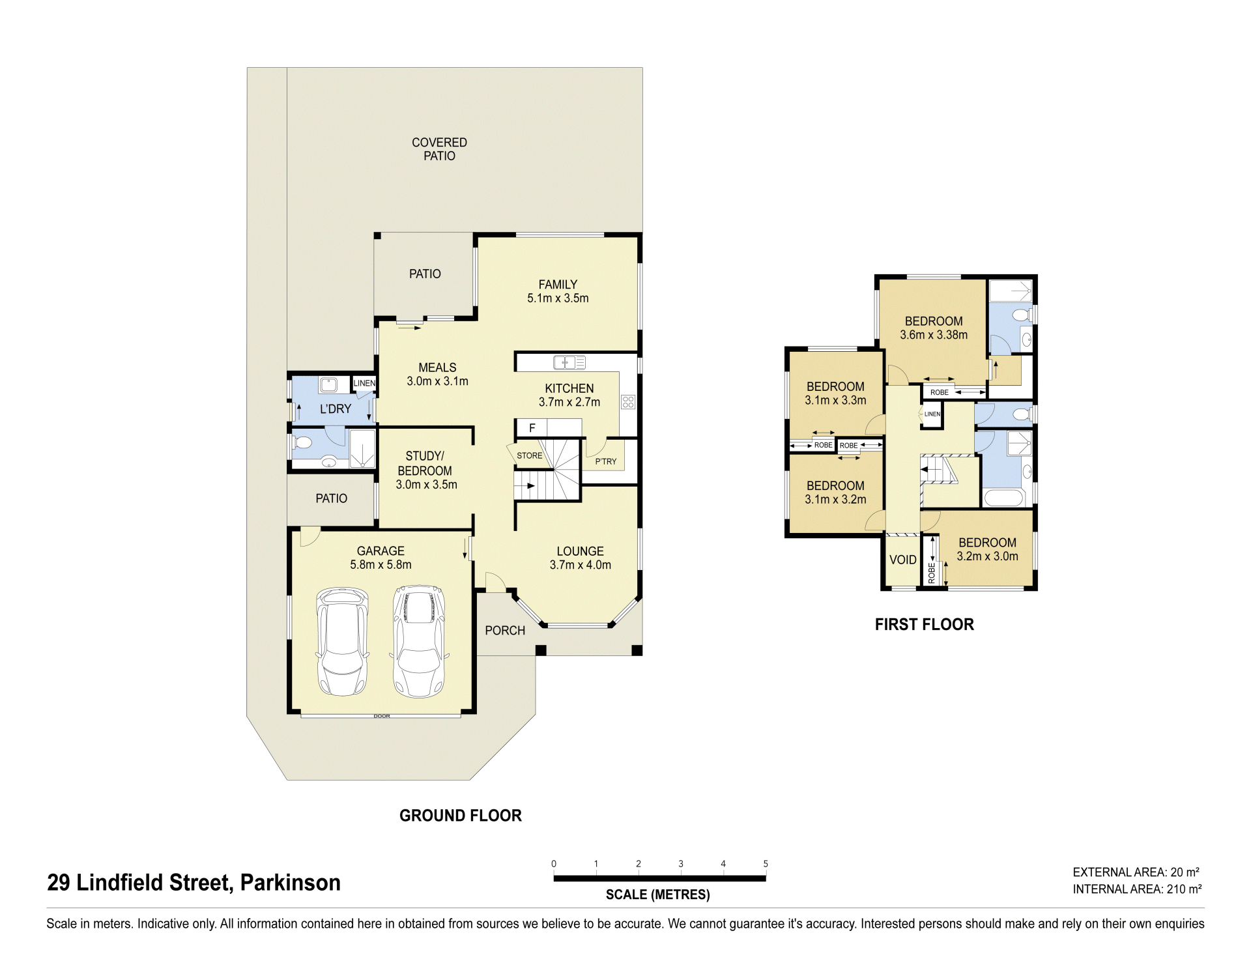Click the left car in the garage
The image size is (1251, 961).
pyautogui.click(x=343, y=642)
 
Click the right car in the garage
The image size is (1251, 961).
pyautogui.click(x=420, y=641)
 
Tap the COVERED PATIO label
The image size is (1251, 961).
pyautogui.click(x=439, y=149)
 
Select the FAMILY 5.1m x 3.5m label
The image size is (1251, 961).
pyautogui.click(x=558, y=291)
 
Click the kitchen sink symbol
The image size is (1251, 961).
pyautogui.click(x=569, y=362)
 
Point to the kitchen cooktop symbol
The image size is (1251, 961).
pyautogui.click(x=627, y=401)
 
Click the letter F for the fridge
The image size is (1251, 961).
pyautogui.click(x=532, y=428)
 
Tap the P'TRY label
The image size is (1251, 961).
pyautogui.click(x=605, y=461)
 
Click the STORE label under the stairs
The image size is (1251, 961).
pyautogui.click(x=529, y=455)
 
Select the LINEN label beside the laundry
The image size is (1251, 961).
pyautogui.click(x=364, y=383)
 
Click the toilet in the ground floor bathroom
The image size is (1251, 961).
pyautogui.click(x=303, y=443)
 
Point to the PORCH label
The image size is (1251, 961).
pyautogui.click(x=505, y=630)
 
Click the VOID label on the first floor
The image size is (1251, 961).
pyautogui.click(x=902, y=560)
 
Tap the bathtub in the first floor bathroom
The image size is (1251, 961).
pyautogui.click(x=1007, y=498)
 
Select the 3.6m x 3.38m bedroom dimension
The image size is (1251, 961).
pyautogui.click(x=934, y=335)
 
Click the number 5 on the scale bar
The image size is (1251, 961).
pyautogui.click(x=766, y=864)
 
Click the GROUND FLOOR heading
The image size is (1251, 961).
pyautogui.click(x=461, y=816)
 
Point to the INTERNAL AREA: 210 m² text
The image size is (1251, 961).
pyautogui.click(x=1137, y=889)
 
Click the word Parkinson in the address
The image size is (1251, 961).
pyautogui.click(x=291, y=883)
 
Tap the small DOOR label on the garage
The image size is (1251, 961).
pyautogui.click(x=382, y=716)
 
